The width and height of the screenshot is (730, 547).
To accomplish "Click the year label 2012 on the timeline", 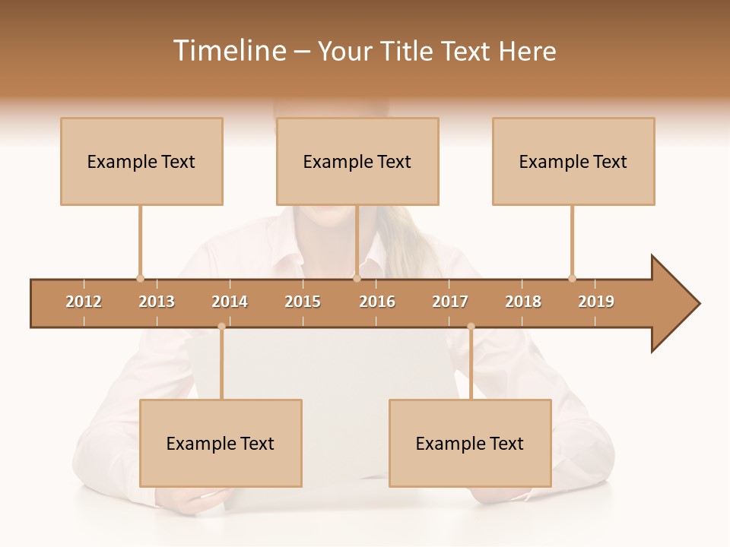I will pyautogui.click(x=84, y=302).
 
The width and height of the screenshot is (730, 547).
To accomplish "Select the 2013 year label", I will pyautogui.click(x=157, y=302).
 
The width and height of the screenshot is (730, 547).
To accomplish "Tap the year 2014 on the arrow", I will pyautogui.click(x=230, y=302).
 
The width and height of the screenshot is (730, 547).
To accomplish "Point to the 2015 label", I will pyautogui.click(x=303, y=302).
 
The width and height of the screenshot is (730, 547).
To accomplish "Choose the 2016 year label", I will pyautogui.click(x=377, y=302).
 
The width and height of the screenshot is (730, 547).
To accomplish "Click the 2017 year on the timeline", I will pyautogui.click(x=450, y=302).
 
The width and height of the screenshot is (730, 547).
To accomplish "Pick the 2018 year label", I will pyautogui.click(x=523, y=302).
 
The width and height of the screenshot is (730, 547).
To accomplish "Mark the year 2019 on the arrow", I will pyautogui.click(x=596, y=302).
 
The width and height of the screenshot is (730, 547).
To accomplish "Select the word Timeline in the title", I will pyautogui.click(x=229, y=51).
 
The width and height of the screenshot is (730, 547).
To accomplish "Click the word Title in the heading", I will pyautogui.click(x=408, y=51).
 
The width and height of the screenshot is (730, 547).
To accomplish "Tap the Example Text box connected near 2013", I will pyautogui.click(x=141, y=161).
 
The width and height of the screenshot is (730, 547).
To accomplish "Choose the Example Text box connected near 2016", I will pyautogui.click(x=357, y=161).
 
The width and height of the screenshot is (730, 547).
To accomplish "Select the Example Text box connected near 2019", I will pyautogui.click(x=573, y=161).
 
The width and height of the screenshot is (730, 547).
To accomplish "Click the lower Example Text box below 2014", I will pyautogui.click(x=221, y=443).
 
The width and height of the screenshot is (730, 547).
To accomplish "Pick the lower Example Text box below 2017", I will pyautogui.click(x=470, y=443).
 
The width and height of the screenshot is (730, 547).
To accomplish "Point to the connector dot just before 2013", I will pyautogui.click(x=140, y=278).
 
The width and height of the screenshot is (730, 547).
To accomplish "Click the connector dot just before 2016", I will pyautogui.click(x=357, y=278).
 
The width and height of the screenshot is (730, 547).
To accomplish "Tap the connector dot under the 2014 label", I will pyautogui.click(x=221, y=327).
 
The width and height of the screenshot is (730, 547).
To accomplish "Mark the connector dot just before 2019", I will pyautogui.click(x=572, y=278).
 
